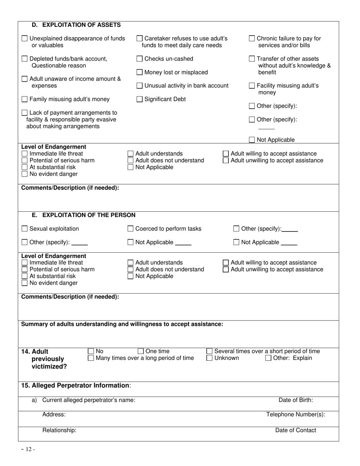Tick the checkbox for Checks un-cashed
pyautogui.click(x=139, y=59)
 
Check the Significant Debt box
pyautogui.click(x=139, y=99)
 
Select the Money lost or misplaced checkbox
pyautogui.click(x=139, y=72)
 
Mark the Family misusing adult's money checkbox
pyautogui.click(x=25, y=99)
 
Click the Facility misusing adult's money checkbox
pyautogui.click(x=252, y=86)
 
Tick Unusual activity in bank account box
pyautogui.click(x=139, y=86)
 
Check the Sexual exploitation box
pyautogui.click(x=25, y=229)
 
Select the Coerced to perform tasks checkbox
pyautogui.click(x=130, y=229)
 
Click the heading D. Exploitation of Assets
pyautogui.click(x=76, y=25)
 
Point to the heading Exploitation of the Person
pyautogui.click(x=83, y=215)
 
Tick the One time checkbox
pyautogui.click(x=141, y=351)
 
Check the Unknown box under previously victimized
pyautogui.click(x=210, y=358)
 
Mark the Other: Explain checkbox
pyautogui.click(x=268, y=358)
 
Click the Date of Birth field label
pyautogui.click(x=296, y=400)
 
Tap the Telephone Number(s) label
pyautogui.click(x=296, y=414)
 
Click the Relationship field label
pyautogui.click(x=59, y=430)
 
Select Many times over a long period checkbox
pyautogui.click(x=91, y=358)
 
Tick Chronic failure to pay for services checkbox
pyautogui.click(x=252, y=39)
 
